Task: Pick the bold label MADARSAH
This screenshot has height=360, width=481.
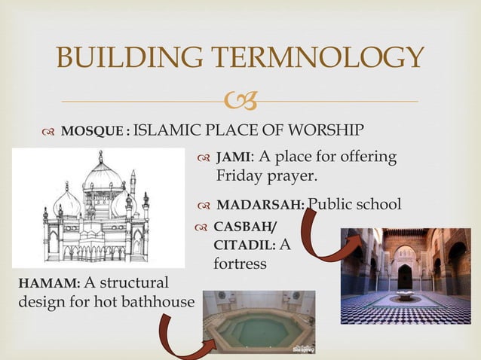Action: pos(260,205)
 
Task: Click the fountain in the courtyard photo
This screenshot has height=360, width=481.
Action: pos(406,294)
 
